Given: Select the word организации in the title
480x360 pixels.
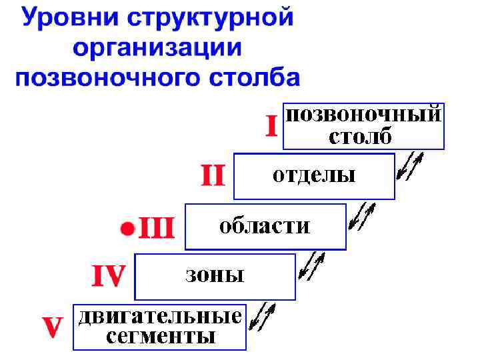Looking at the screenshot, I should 157,48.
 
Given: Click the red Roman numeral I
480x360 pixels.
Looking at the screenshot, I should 271,126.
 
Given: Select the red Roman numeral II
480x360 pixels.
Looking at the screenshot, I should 213,176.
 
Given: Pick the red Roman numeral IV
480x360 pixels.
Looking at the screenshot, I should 108,275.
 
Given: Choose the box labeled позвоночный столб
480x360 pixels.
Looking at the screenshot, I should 363,126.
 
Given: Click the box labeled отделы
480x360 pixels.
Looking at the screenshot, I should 314,177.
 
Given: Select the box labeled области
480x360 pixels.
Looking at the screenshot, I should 265,227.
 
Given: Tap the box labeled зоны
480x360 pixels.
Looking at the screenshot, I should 215,276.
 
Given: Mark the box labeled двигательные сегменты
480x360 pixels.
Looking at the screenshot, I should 160,327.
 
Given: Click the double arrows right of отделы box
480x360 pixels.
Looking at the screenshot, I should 409,167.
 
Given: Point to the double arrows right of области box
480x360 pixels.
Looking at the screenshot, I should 363,216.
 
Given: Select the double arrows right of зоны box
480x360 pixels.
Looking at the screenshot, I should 312,265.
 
